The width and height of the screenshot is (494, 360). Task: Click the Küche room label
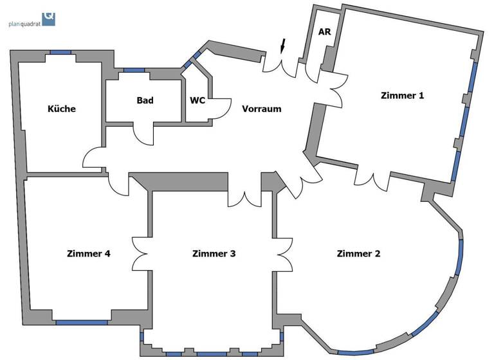point(62,109)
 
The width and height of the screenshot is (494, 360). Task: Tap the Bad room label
point(145,100)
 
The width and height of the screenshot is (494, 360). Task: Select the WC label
point(197,100)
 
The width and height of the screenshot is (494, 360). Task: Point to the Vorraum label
point(261,109)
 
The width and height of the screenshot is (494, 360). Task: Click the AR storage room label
point(324,32)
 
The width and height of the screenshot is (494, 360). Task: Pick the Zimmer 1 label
point(403,96)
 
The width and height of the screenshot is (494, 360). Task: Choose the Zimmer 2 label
point(358,253)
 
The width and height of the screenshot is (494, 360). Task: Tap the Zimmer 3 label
point(214,253)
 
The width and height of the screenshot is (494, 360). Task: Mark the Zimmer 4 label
point(89,253)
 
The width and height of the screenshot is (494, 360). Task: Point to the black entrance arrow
point(282,46)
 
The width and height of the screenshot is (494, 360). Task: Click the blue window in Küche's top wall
point(60,53)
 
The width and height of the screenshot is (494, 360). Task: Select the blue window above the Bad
point(134,69)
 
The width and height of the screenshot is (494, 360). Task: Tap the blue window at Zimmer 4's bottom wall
point(82,322)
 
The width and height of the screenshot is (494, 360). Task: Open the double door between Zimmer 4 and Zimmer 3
point(142,254)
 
